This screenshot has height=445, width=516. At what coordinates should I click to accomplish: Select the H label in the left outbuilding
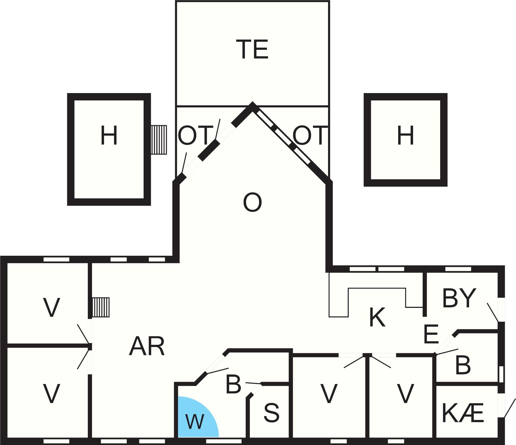[109, 135]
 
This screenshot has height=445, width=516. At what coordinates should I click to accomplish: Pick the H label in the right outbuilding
[406, 135]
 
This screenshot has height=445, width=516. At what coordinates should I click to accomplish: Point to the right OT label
[310, 135]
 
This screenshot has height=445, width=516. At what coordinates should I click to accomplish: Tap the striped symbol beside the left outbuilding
[159, 140]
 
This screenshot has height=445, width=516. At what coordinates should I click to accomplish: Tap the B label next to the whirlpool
[233, 385]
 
